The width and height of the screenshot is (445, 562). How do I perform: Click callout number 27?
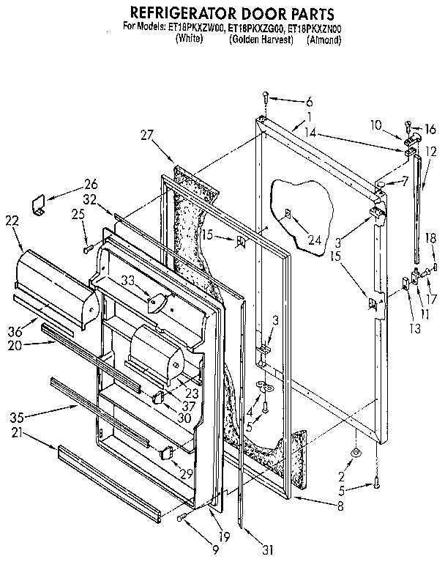(x=148, y=134)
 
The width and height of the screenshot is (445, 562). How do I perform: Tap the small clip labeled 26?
(x=40, y=204)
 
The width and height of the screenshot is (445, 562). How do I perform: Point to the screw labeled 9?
(x=181, y=518)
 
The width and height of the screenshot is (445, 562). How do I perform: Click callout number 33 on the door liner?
(x=157, y=299)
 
